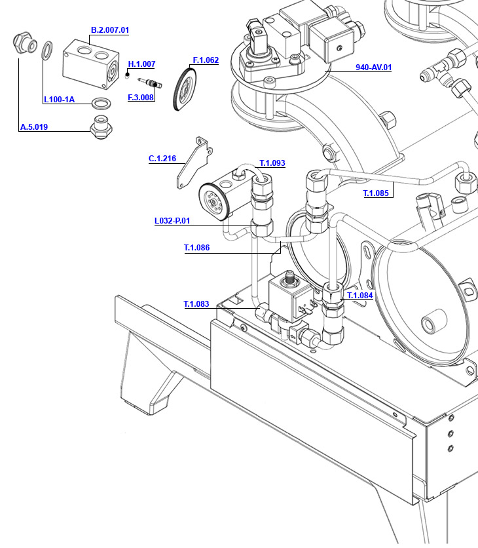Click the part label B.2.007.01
[109, 30]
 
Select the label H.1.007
[141, 64]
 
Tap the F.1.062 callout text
[206, 60]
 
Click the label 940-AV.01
[373, 68]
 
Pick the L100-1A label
[59, 100]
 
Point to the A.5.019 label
[33, 127]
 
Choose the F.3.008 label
[141, 98]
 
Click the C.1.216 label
[162, 159]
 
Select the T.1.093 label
[272, 163]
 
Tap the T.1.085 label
[377, 193]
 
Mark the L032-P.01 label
[172, 221]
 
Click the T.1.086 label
[196, 248]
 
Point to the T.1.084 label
[359, 296]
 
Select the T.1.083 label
[196, 304]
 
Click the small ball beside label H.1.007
[127, 74]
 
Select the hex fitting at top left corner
[24, 43]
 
